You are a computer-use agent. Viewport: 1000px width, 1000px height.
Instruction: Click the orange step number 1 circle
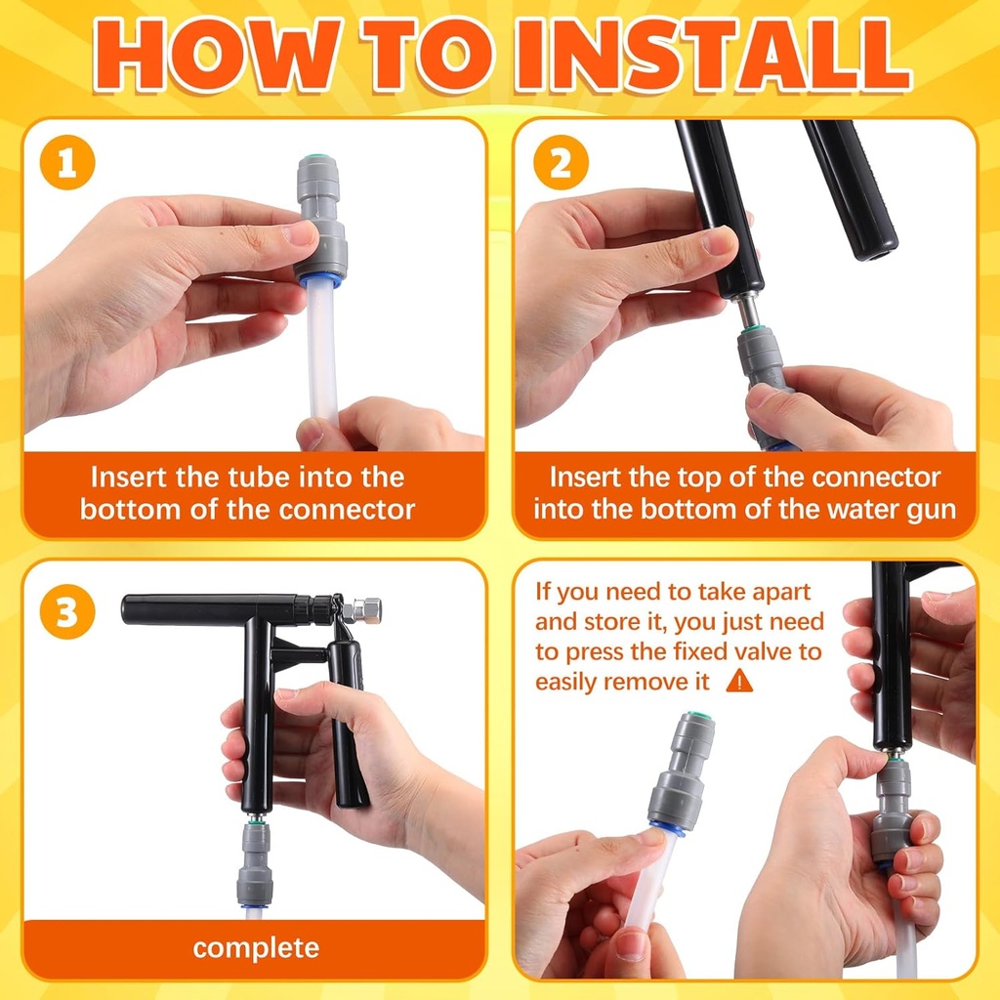[67, 163]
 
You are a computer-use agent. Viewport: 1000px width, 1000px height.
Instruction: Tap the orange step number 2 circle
[561, 163]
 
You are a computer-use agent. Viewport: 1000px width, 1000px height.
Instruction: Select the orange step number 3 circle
[67, 611]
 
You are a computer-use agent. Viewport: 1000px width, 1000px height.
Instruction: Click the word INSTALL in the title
[712, 56]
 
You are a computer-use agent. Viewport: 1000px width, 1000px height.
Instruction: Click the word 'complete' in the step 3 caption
[256, 948]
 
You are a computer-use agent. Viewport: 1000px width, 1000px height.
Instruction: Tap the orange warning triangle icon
[740, 681]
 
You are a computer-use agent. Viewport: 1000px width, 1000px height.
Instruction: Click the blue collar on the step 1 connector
[319, 279]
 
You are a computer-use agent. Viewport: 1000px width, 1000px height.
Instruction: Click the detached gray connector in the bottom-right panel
[681, 771]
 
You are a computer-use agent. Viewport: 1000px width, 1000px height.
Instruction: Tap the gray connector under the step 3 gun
[255, 863]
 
